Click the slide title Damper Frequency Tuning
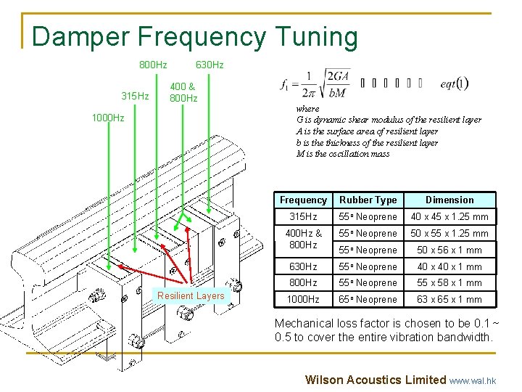click(x=195, y=36)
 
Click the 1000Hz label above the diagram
click(x=107, y=118)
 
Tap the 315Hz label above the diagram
click(x=135, y=97)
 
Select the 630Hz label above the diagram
click(x=210, y=65)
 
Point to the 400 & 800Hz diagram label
click(x=183, y=92)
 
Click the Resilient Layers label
click(x=191, y=295)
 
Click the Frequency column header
click(x=303, y=200)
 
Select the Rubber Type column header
click(x=368, y=200)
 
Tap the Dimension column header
click(x=449, y=200)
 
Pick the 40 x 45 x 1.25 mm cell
click(x=449, y=217)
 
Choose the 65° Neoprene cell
click(x=368, y=300)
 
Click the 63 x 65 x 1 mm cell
click(x=449, y=300)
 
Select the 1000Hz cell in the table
click(x=303, y=300)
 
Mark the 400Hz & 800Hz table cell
click(x=303, y=240)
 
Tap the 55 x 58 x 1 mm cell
click(x=449, y=283)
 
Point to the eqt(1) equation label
click(x=455, y=83)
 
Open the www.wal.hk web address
click(x=473, y=380)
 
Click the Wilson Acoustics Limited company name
click(x=376, y=380)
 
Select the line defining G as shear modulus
click(x=389, y=120)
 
